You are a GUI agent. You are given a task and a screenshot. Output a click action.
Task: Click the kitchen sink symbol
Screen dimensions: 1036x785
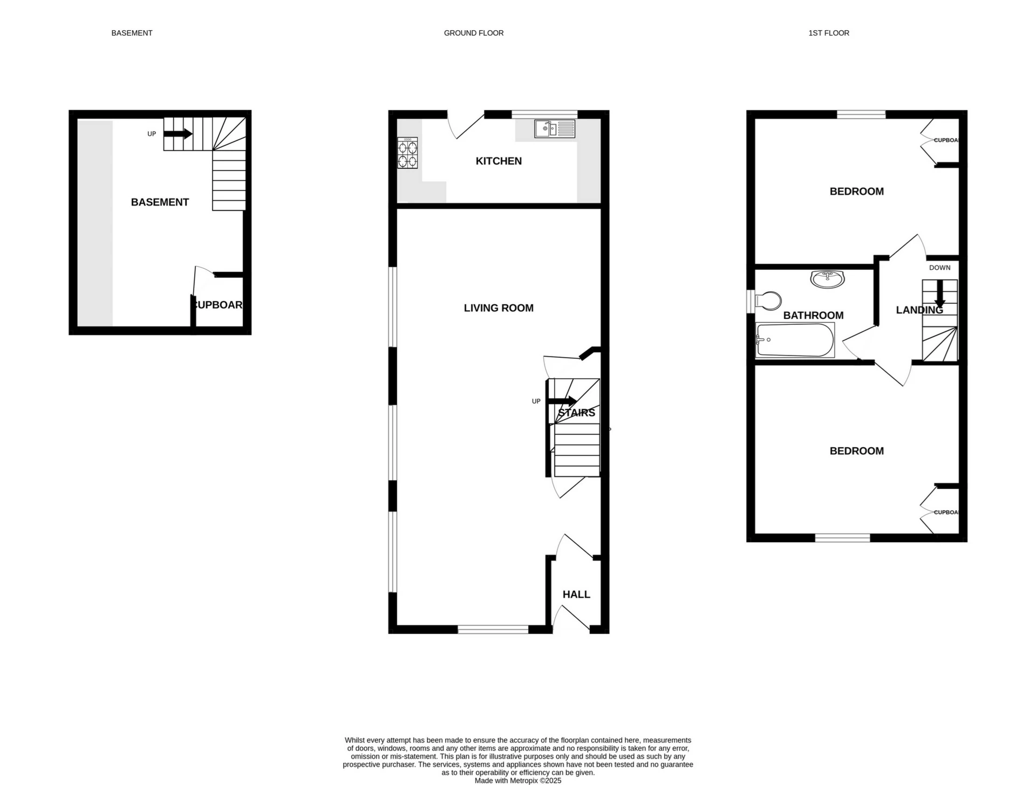pyautogui.click(x=555, y=128)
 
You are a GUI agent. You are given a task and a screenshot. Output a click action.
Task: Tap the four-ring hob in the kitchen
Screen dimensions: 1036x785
pyautogui.click(x=407, y=153)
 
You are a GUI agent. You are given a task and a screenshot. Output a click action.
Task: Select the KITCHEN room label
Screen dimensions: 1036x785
pyautogui.click(x=499, y=161)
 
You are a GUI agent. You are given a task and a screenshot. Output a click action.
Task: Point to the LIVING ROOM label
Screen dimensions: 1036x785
pyautogui.click(x=499, y=308)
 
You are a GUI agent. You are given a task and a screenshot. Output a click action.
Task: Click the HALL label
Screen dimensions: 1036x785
pyautogui.click(x=576, y=595)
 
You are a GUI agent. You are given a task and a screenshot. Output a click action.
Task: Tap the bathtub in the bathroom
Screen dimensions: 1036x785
pyautogui.click(x=795, y=340)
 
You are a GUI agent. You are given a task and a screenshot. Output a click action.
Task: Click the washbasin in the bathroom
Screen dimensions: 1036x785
pyautogui.click(x=827, y=279)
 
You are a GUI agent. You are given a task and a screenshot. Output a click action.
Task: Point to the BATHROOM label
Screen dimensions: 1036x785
pyautogui.click(x=813, y=316)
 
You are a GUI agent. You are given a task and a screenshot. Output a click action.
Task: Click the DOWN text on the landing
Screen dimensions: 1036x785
pyautogui.click(x=939, y=268)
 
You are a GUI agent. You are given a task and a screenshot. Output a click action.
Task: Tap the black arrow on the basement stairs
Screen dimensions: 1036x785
pyautogui.click(x=178, y=133)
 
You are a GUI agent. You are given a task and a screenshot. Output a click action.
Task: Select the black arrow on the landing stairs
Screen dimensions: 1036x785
pyautogui.click(x=939, y=294)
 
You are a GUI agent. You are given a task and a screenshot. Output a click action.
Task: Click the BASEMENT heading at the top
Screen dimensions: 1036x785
pyautogui.click(x=132, y=33)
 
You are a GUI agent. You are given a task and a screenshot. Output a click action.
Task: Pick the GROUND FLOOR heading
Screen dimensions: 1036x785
pyautogui.click(x=474, y=33)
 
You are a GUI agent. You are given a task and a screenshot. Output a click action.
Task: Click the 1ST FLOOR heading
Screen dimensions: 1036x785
pyautogui.click(x=829, y=33)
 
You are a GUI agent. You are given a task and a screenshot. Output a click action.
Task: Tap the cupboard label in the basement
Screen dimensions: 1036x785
pyautogui.click(x=218, y=305)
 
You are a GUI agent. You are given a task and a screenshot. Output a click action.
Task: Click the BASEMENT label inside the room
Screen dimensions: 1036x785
pyautogui.click(x=160, y=202)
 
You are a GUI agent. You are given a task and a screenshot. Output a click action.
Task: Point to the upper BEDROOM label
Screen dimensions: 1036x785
pyautogui.click(x=856, y=192)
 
